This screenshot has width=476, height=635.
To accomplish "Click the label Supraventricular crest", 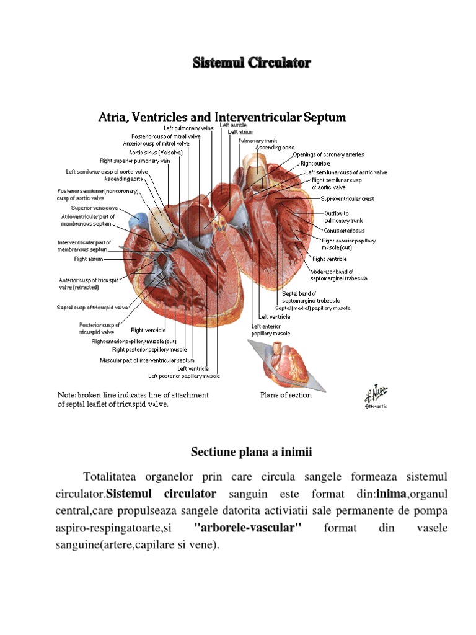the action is pyautogui.click(x=347, y=199).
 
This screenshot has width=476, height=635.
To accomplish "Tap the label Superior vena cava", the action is pyautogui.click(x=94, y=208).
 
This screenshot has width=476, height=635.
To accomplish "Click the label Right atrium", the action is pyautogui.click(x=89, y=259).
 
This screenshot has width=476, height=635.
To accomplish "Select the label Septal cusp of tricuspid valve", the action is pyautogui.click(x=93, y=307).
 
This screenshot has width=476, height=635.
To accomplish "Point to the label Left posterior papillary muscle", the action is pyautogui.click(x=183, y=376).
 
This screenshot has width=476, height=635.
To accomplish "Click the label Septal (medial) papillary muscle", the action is pyautogui.click(x=313, y=308).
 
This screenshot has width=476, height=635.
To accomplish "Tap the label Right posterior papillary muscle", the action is pyautogui.click(x=149, y=349).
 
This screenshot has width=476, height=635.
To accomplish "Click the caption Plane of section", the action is pyautogui.click(x=286, y=395).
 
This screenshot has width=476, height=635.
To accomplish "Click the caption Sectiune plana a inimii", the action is pyautogui.click(x=251, y=453).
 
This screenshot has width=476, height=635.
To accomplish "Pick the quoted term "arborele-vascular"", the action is pyautogui.click(x=247, y=528).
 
